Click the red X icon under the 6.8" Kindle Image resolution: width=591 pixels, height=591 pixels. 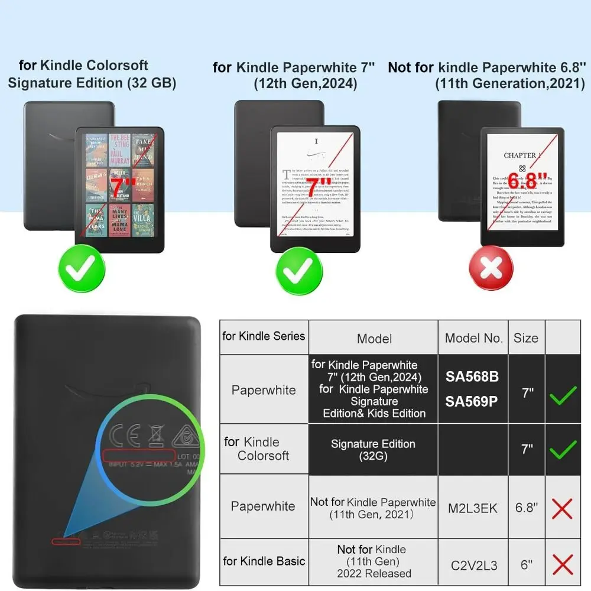pyautogui.click(x=490, y=269)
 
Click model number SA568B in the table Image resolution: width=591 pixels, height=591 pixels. pyautogui.click(x=472, y=376)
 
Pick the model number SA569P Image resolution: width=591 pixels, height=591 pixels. pyautogui.click(x=472, y=401)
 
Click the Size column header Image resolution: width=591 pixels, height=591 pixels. pyautogui.click(x=525, y=338)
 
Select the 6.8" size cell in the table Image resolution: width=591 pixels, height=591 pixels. pyautogui.click(x=526, y=508)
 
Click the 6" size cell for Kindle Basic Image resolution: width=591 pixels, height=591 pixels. pyautogui.click(x=526, y=565)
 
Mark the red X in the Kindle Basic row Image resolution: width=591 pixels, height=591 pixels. pyautogui.click(x=562, y=565)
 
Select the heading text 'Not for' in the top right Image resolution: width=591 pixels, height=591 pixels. pyautogui.click(x=411, y=67)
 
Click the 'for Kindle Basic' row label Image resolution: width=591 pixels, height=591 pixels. pyautogui.click(x=264, y=560)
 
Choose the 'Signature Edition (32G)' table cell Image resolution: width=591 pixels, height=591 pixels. pyautogui.click(x=373, y=450)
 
